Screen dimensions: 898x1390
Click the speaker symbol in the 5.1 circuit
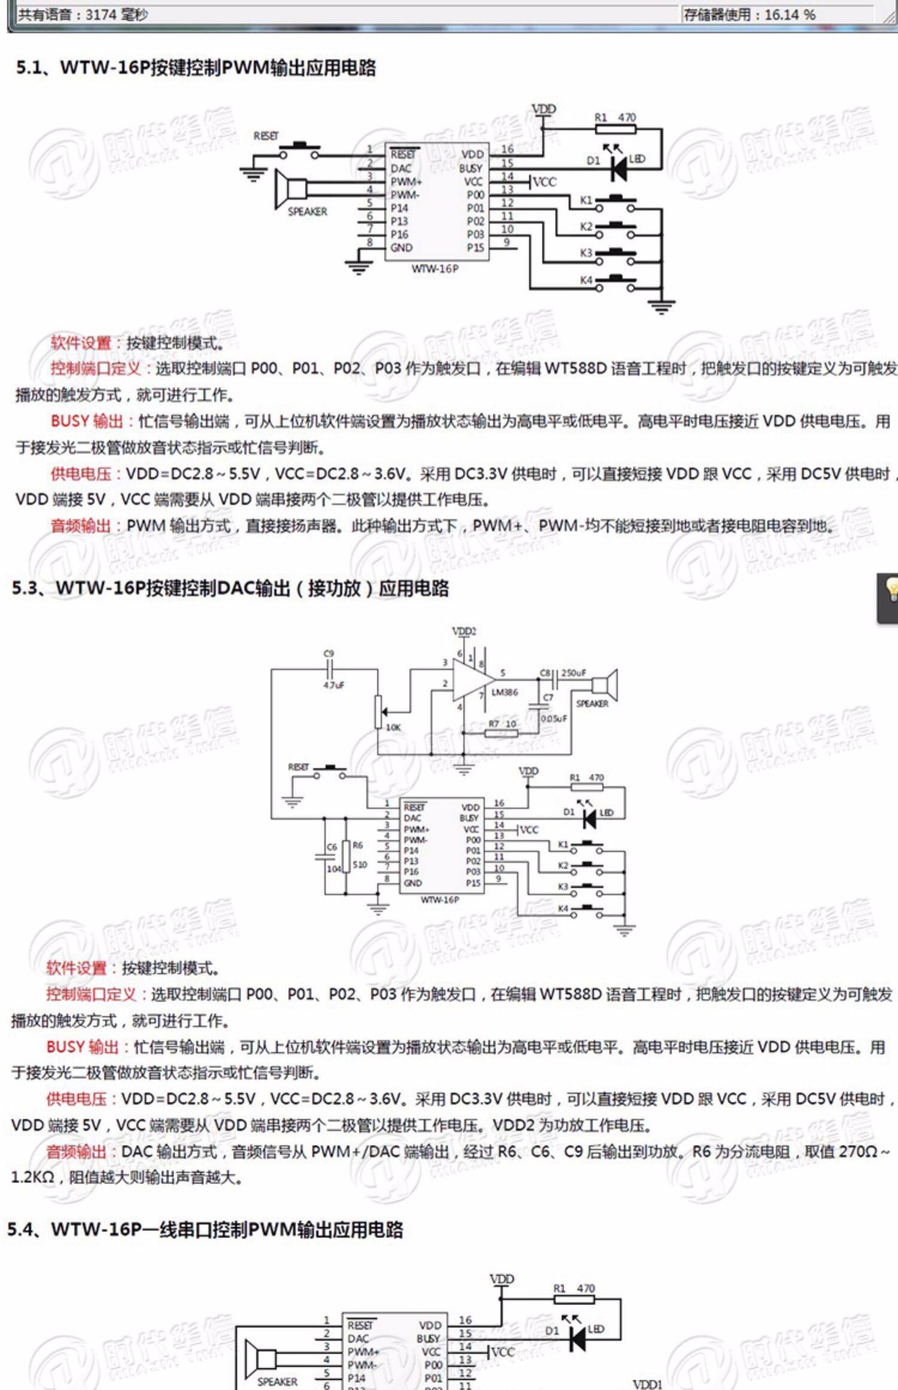290,189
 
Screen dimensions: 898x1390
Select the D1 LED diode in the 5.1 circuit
618,168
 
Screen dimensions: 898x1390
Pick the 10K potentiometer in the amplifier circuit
378,711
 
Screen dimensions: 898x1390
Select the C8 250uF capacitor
554,679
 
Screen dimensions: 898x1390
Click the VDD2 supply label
464,631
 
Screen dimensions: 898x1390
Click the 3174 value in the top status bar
100,14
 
